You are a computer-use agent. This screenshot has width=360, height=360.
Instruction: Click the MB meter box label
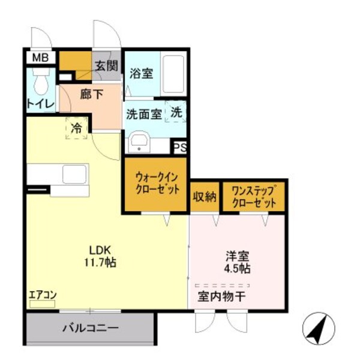[x=40, y=58]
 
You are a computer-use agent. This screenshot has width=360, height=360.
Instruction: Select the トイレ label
[x=40, y=104]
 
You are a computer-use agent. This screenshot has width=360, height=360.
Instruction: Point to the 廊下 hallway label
[x=89, y=94]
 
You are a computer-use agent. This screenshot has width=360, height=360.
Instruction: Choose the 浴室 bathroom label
[x=141, y=74]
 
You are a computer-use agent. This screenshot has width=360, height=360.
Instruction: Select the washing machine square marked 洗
[x=175, y=112]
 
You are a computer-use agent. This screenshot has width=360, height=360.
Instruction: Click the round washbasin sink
[x=139, y=144]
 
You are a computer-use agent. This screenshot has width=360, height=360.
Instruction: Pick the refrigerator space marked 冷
[x=77, y=128]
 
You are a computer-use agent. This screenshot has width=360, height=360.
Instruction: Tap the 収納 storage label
[x=204, y=196]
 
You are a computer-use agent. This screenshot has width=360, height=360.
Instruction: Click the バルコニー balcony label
[x=91, y=328]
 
